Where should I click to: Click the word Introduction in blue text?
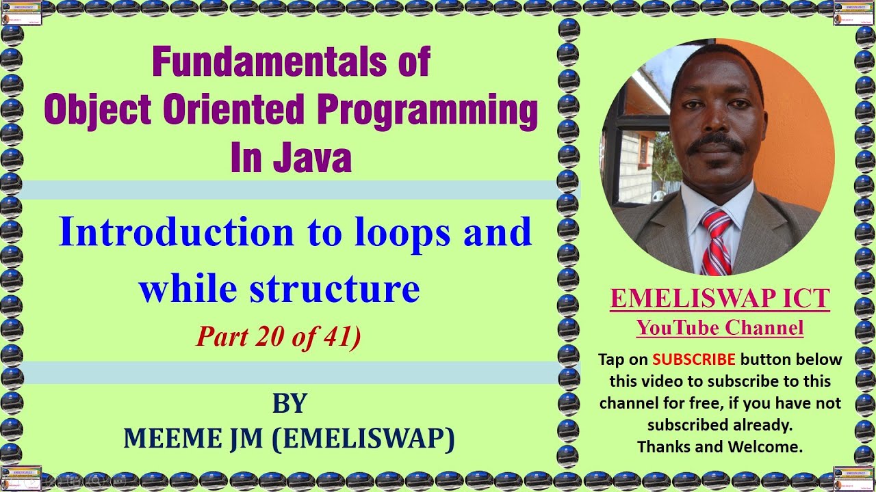coord(176,232)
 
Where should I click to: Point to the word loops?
coord(397,232)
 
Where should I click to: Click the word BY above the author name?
coord(289,404)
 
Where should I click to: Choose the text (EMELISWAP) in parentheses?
coord(363,439)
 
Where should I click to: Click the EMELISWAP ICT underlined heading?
coord(720,299)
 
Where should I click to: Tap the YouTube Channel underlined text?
coord(720,328)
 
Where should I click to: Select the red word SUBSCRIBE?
coord(694,359)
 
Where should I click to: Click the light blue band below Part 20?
coord(290,372)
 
